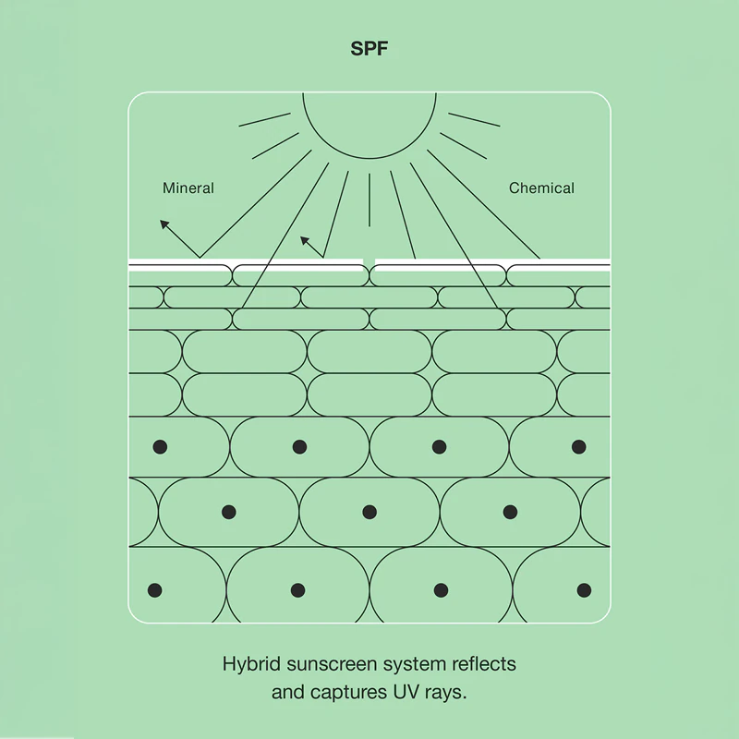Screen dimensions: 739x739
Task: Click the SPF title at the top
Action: click(x=369, y=49)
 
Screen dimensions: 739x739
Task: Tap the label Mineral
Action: click(x=188, y=188)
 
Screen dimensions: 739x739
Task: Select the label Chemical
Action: click(x=541, y=188)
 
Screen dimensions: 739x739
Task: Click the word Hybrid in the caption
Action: click(x=251, y=665)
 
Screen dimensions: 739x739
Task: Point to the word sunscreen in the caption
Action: click(x=332, y=664)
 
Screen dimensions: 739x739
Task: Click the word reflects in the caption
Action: click(x=483, y=664)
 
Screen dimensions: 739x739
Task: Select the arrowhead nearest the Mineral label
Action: click(x=164, y=224)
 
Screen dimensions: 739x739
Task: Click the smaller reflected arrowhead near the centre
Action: click(x=305, y=241)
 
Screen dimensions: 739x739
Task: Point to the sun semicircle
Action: click(x=369, y=157)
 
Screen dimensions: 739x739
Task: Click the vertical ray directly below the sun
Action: click(x=369, y=200)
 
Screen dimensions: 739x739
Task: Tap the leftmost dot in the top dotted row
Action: click(x=160, y=447)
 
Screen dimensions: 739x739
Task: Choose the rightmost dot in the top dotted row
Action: click(x=579, y=447)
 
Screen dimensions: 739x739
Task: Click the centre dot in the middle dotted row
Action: click(x=369, y=512)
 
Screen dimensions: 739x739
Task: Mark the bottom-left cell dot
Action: click(x=154, y=590)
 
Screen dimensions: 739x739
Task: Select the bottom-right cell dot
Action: click(x=584, y=590)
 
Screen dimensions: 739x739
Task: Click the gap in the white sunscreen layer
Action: click(x=369, y=262)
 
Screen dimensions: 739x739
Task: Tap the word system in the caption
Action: click(x=414, y=665)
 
